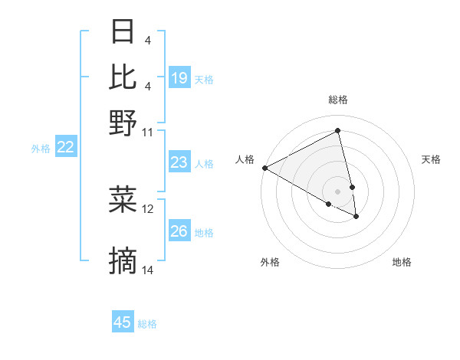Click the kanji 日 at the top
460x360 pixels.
(x=123, y=31)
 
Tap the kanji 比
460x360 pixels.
(x=123, y=77)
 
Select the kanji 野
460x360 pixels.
(x=123, y=122)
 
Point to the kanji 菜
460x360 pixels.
(x=123, y=200)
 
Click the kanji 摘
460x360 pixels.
(x=123, y=262)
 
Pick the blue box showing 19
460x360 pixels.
(x=179, y=78)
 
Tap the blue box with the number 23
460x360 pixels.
(x=179, y=162)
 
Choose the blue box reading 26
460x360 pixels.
(x=179, y=231)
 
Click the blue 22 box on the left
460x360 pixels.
(x=65, y=147)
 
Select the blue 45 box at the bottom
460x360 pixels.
(x=123, y=322)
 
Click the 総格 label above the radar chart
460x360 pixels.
(x=337, y=100)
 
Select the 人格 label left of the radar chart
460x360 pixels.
(x=245, y=159)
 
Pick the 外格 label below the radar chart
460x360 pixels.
(x=270, y=262)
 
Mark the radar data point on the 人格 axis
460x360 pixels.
(x=264, y=168)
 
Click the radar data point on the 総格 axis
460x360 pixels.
(x=338, y=131)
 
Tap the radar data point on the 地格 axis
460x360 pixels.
(x=356, y=217)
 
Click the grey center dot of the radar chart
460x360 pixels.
(x=337, y=191)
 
